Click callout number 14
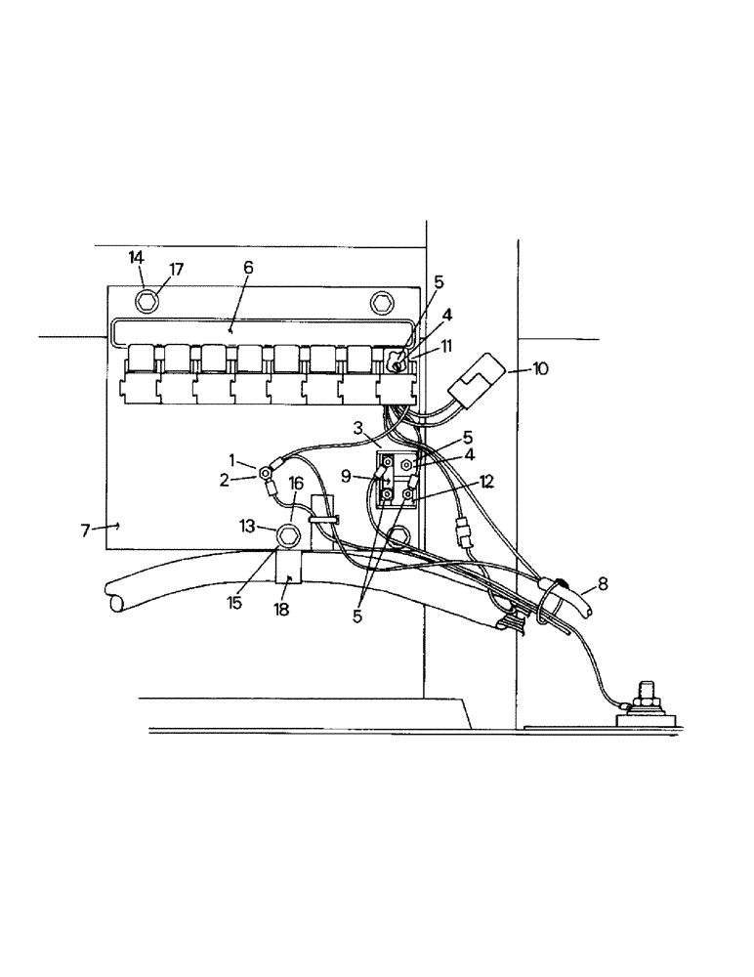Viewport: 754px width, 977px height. click(x=137, y=257)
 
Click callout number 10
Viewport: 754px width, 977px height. click(x=540, y=368)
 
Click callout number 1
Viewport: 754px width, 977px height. click(x=232, y=458)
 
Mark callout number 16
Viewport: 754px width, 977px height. click(x=296, y=483)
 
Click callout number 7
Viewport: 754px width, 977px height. click(x=85, y=529)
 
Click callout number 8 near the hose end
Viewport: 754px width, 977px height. click(x=603, y=584)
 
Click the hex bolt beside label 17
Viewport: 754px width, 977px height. click(x=147, y=299)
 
